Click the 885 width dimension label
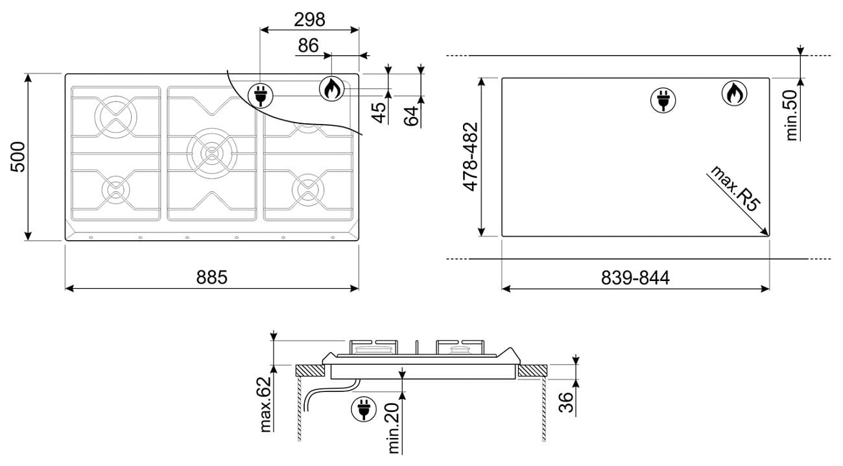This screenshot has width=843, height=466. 212,277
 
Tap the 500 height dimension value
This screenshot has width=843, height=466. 18,156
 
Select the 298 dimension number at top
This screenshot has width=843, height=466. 309,19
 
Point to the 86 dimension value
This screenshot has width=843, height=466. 308,45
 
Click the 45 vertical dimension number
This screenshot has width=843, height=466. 379,113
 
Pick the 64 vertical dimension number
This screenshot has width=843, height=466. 411,116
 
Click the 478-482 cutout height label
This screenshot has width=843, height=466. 470,156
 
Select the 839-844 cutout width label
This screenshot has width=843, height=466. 635,278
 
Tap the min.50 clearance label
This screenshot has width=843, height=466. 791,116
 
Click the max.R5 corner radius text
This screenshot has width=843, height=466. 735,188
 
